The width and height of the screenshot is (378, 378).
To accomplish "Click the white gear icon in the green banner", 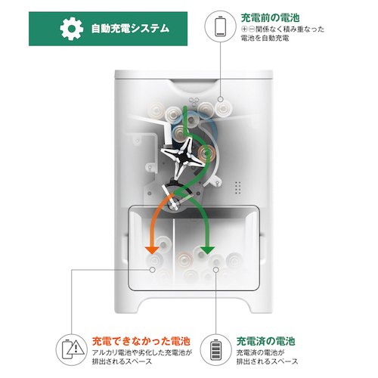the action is [72, 29].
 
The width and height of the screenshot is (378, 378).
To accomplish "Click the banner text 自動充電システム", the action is [130, 29].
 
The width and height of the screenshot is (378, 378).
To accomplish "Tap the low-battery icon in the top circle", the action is [220, 26].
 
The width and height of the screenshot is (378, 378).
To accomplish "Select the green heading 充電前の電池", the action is [270, 18].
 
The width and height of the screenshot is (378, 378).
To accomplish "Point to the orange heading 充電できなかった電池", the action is [141, 341].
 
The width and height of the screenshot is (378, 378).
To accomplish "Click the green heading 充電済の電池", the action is [265, 341].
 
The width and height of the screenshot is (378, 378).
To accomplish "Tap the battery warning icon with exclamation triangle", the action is [73, 350].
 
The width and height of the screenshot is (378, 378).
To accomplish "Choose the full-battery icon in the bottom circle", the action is [215, 350].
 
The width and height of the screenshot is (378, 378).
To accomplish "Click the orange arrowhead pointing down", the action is [152, 250].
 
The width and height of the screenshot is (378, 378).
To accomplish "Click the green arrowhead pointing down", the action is [207, 250].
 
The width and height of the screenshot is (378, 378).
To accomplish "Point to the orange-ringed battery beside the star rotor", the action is [206, 153].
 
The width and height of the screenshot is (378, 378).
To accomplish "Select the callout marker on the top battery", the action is [221, 99].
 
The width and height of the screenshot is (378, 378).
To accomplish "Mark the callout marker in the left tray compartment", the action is [152, 270].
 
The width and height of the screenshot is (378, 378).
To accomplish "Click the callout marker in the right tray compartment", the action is [215, 270].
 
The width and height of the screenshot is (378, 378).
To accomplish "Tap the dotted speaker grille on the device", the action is [237, 187].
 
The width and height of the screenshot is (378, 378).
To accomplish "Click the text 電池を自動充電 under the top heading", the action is [265, 39].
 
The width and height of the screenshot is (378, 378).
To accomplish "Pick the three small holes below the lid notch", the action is [194, 101].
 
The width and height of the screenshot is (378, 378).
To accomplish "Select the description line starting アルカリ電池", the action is [142, 352].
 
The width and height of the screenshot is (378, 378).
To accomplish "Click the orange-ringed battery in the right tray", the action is [184, 260].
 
